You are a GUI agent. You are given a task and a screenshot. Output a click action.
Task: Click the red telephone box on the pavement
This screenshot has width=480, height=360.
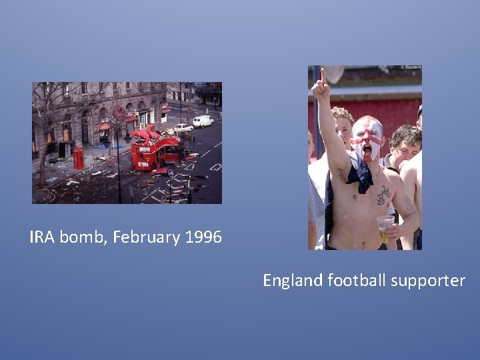79,158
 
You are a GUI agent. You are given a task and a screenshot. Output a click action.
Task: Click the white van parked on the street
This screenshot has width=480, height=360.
203,121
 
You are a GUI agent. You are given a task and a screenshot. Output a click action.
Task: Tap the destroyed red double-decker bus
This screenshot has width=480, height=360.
155,150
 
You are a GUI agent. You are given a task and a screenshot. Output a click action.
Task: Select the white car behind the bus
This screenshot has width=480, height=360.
183,127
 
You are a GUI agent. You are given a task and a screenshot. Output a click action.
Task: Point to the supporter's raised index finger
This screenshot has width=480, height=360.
323,75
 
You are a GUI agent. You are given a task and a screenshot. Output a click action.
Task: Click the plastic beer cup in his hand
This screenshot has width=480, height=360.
385,227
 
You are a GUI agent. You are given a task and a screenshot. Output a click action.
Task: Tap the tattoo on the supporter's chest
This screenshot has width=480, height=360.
383,195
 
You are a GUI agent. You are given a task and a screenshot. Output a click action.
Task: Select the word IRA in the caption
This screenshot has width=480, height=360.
42,237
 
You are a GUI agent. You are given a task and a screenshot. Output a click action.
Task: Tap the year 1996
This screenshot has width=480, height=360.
202,237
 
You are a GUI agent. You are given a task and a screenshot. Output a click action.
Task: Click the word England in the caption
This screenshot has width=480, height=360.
293,281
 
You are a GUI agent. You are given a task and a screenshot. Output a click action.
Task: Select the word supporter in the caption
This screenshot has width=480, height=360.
430,281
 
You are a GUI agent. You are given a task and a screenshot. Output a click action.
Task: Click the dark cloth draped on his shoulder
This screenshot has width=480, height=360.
361,175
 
